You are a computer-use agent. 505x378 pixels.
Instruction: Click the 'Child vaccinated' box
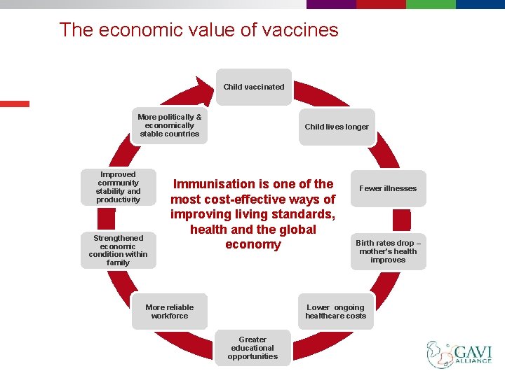coord(253,87)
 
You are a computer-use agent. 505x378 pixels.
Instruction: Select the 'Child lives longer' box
coord(336,127)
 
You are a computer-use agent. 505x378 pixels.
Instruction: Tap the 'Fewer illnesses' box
coord(388,188)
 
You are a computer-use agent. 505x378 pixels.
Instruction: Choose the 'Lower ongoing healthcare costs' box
coord(335,311)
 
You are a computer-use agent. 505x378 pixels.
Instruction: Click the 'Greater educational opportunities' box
coord(252,348)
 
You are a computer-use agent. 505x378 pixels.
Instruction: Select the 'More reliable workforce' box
coord(169,311)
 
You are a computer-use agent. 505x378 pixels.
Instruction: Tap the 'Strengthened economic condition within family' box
coord(118,250)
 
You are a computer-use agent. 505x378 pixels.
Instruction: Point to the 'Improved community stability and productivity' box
coord(118,187)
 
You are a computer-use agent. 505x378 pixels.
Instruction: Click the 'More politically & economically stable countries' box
coord(169,125)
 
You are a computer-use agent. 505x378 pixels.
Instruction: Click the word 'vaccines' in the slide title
coord(304,30)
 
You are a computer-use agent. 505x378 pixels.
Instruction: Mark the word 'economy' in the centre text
coord(252,244)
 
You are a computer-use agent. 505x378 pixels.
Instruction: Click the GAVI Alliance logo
coord(459,354)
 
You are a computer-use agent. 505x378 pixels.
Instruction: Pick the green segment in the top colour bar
coord(431,4)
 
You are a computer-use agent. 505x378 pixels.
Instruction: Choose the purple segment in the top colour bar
coord(331,4)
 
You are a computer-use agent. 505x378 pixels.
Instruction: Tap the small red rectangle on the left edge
coord(15,104)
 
